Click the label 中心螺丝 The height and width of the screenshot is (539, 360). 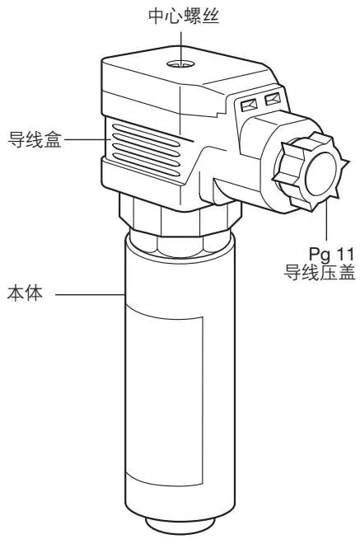[184, 16]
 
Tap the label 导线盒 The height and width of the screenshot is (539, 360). [35, 139]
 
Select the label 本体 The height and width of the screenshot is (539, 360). [25, 294]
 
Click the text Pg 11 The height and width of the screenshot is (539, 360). [331, 255]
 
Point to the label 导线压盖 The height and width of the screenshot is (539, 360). [319, 272]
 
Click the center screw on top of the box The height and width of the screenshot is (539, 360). [180, 64]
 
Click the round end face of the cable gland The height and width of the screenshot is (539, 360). [320, 174]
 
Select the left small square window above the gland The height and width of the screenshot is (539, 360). [249, 105]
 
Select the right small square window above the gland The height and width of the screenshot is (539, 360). [273, 100]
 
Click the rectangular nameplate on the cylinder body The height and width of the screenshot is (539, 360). [164, 396]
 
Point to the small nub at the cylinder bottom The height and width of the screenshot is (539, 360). [180, 528]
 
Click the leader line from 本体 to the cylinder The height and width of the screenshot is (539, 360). [90, 294]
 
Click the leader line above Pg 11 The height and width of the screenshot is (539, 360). [326, 220]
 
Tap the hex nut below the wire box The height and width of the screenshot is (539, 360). [180, 215]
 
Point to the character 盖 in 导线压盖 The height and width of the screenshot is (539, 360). [346, 272]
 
